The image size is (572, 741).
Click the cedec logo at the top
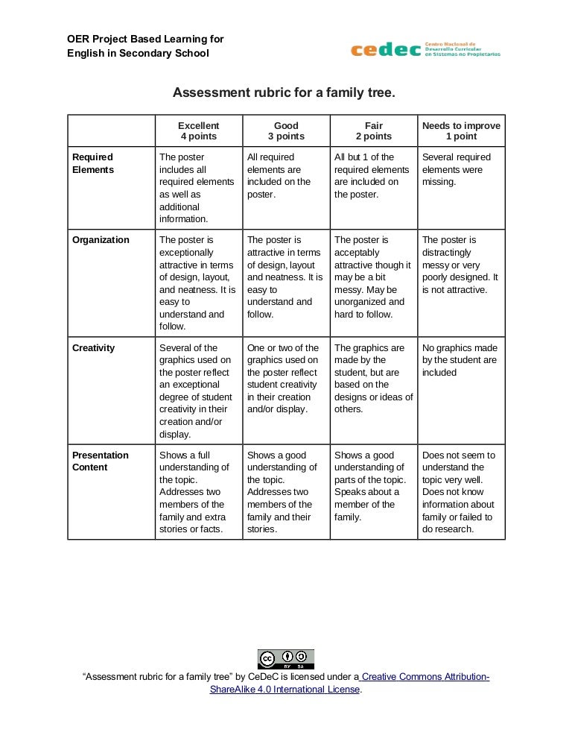pos(425,49)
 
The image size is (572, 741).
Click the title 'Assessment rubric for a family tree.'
pos(283,93)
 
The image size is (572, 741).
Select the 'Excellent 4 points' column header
pos(198,130)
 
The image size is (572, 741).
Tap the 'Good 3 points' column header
pos(286,130)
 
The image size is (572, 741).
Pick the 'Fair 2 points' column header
pos(373,130)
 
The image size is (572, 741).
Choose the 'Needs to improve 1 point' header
pos(461,130)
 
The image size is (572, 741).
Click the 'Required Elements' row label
pos(93,163)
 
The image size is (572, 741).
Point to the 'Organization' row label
pos(101,240)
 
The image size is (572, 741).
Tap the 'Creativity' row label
pos(94,348)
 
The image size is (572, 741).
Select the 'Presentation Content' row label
pos(101,461)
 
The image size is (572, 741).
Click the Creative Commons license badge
pos(286,659)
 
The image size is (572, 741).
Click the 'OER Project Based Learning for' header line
pos(145,39)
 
